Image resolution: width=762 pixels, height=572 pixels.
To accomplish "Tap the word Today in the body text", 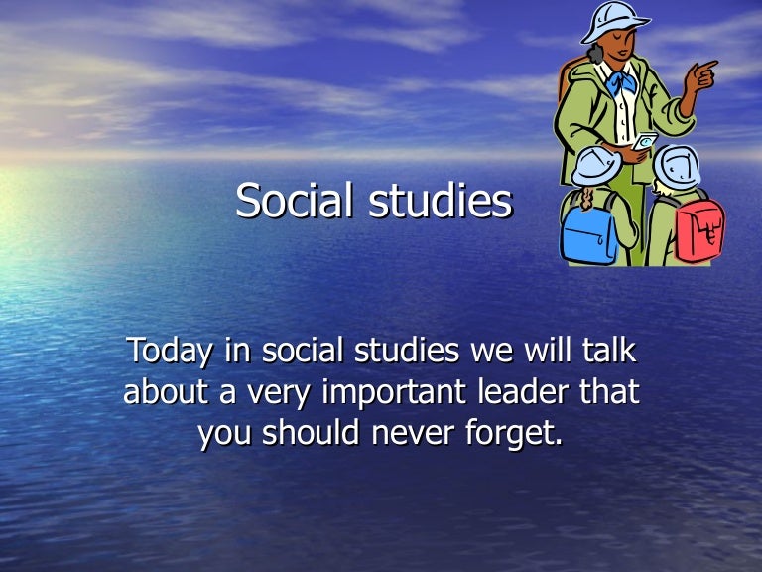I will (x=164, y=352).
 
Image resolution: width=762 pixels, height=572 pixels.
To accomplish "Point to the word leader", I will (x=526, y=392).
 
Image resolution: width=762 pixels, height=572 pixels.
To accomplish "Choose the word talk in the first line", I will (x=606, y=352).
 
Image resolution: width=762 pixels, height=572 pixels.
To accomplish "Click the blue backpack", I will (x=588, y=234).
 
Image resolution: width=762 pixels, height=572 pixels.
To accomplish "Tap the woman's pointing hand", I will (x=705, y=72).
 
